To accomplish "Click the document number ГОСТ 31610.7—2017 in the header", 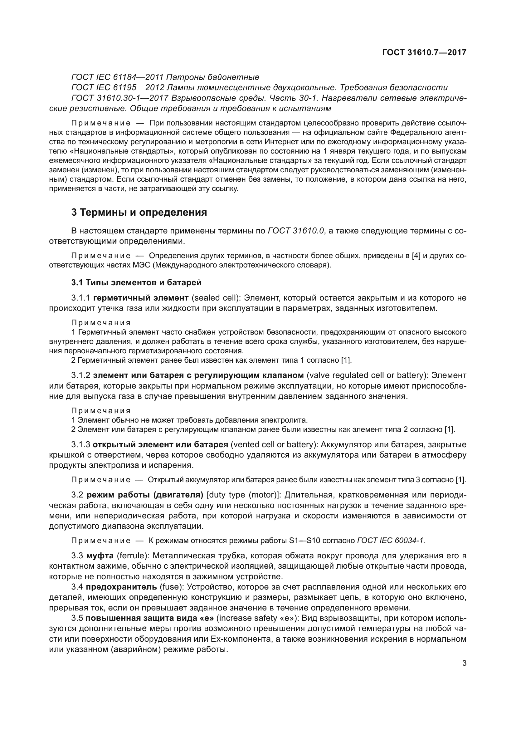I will click(424, 52).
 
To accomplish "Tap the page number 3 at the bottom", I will click(464, 663).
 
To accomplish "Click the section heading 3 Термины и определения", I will click(139, 213).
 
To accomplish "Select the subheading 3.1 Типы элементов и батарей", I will click(136, 282).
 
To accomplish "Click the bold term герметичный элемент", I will click(141, 298).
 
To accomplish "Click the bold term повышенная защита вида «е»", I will click(150, 618).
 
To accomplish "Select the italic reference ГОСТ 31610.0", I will click(296, 231).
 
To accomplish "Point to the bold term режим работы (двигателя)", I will click(145, 495).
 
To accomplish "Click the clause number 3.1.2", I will click(81, 375).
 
